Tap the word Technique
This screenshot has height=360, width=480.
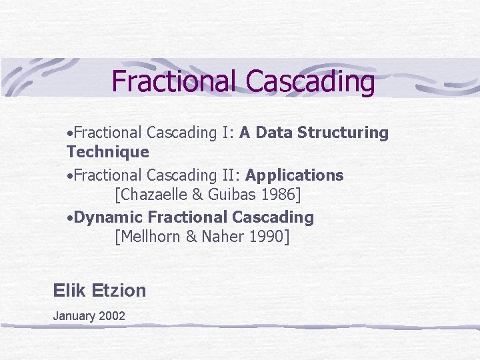pyautogui.click(x=107, y=152)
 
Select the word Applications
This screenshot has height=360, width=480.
pyautogui.click(x=294, y=175)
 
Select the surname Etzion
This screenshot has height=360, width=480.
pyautogui.click(x=118, y=290)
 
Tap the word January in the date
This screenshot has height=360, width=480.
pyautogui.click(x=74, y=316)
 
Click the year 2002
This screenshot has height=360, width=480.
pyautogui.click(x=112, y=316)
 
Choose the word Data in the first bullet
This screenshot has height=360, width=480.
pyautogui.click(x=273, y=133)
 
